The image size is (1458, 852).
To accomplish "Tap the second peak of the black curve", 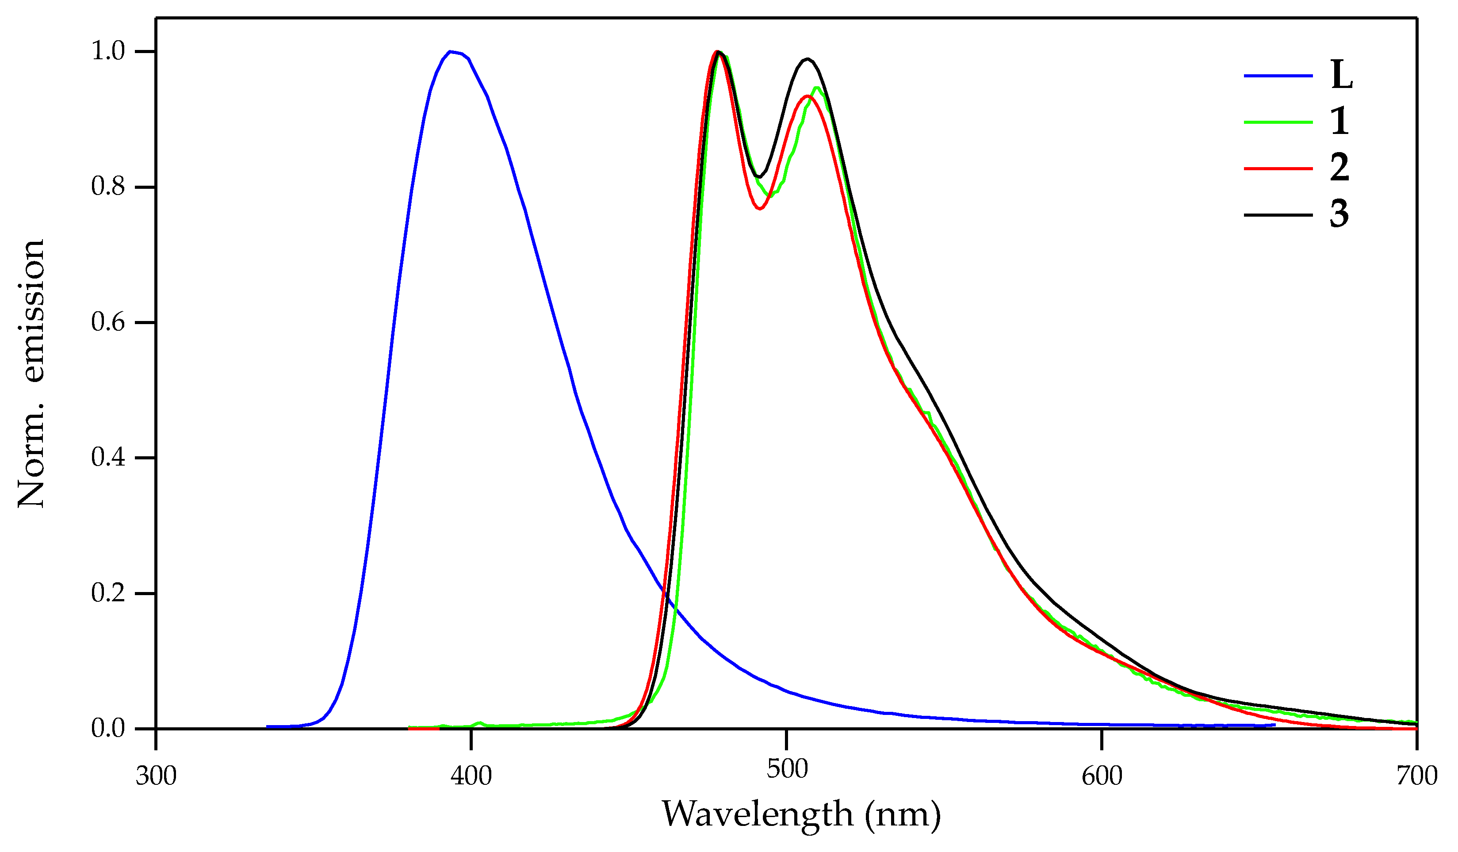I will click(x=807, y=59).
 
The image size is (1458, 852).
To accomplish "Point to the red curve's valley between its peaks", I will click(x=760, y=209).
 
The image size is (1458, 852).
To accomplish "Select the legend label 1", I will click(x=1340, y=122).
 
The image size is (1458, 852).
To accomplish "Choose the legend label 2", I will click(x=1340, y=168).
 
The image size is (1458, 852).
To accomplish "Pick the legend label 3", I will click(x=1340, y=214).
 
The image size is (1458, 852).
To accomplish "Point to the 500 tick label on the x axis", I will click(x=787, y=769).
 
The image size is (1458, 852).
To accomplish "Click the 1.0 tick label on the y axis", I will click(x=108, y=51).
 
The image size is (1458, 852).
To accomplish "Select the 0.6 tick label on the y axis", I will click(x=108, y=322).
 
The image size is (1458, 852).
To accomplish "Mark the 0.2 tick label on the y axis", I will click(x=108, y=593).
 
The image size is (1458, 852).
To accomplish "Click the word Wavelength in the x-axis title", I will click(x=758, y=816).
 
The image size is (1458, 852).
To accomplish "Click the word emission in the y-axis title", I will click(x=32, y=311).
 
